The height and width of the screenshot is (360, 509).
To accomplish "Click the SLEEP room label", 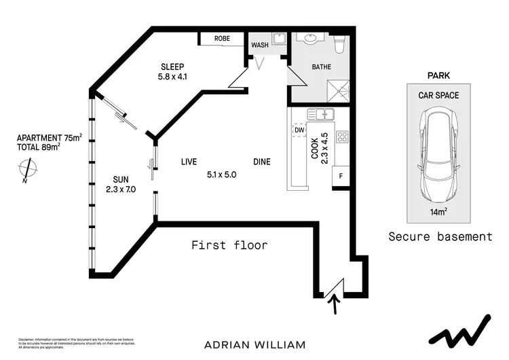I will (173, 67).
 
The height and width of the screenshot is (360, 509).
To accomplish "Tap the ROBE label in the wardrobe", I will (222, 39).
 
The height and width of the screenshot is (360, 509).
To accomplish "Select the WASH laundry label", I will (260, 46).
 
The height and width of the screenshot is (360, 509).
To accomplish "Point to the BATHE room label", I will (321, 67).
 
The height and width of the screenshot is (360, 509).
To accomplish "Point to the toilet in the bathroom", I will (341, 43).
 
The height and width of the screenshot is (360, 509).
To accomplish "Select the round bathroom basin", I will (309, 39).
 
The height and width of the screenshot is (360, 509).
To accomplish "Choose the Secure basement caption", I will (440, 237).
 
